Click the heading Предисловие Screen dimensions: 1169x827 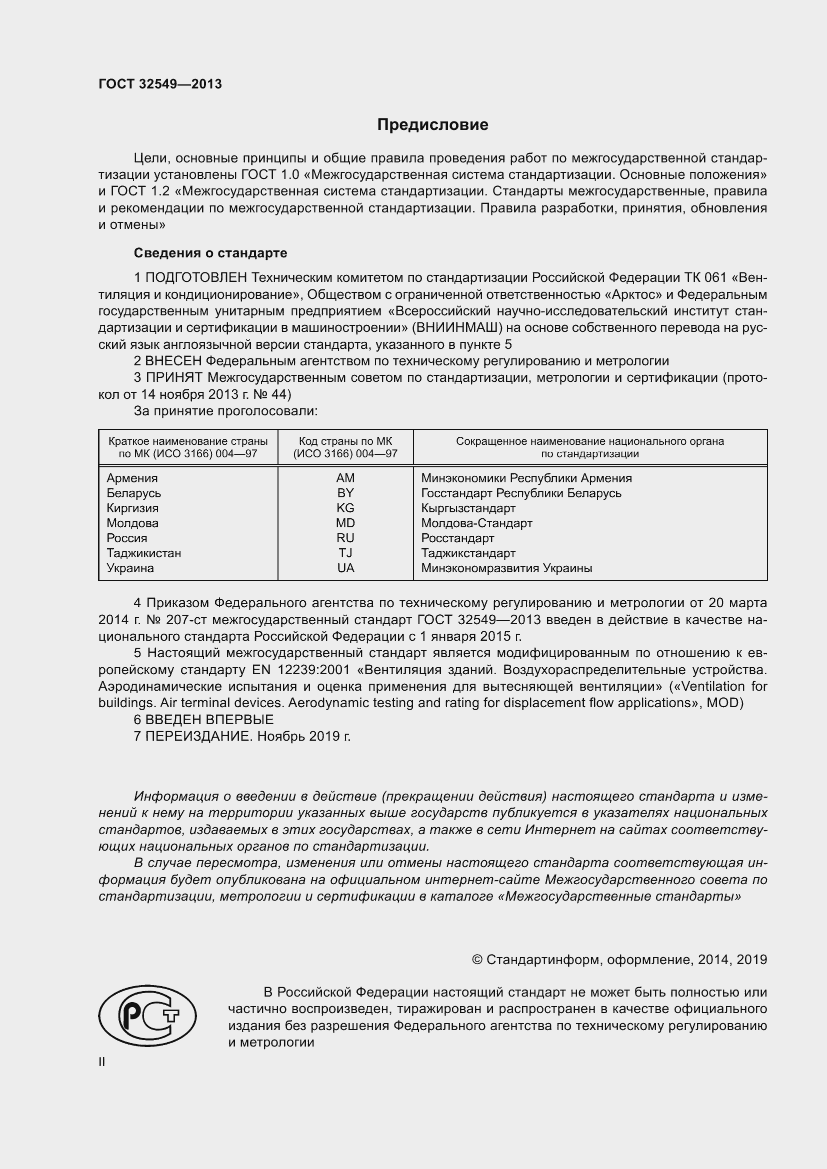(x=432, y=125)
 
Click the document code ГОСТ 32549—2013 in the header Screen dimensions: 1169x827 (x=160, y=84)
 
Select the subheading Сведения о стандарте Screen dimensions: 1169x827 (x=210, y=253)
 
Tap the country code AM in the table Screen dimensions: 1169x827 (x=345, y=478)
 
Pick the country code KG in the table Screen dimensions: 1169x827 (x=345, y=508)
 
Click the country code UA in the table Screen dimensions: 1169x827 (x=345, y=568)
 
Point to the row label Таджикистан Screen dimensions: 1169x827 (x=143, y=553)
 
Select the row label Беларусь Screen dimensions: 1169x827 (x=133, y=493)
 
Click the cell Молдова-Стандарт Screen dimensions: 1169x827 (x=476, y=523)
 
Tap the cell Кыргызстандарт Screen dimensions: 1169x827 (x=468, y=508)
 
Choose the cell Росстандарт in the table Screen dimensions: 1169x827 (x=457, y=538)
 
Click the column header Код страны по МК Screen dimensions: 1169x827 (x=345, y=441)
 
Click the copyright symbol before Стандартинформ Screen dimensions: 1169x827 (x=477, y=960)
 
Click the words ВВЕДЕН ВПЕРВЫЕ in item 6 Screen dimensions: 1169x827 (x=209, y=719)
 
